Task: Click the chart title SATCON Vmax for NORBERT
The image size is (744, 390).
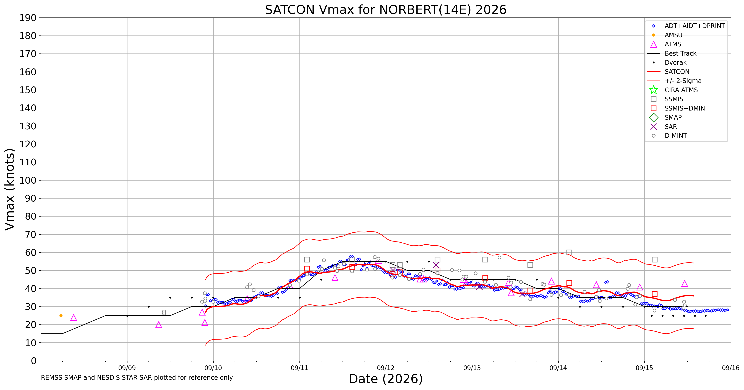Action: (386, 10)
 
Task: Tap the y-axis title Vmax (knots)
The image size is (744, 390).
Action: (10, 189)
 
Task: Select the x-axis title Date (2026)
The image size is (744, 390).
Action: (386, 379)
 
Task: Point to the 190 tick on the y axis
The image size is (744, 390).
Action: (28, 18)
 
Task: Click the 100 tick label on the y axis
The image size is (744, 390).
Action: (28, 180)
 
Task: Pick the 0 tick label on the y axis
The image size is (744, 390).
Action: (34, 361)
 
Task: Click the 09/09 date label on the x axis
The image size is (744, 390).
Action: (127, 368)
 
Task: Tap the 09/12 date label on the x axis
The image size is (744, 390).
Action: (386, 368)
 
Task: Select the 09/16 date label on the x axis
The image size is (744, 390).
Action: (731, 368)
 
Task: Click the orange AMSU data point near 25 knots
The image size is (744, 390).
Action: (61, 316)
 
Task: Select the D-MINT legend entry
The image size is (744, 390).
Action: (667, 136)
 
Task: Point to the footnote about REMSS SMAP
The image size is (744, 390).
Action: (137, 378)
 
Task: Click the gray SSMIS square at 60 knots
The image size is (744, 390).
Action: (569, 252)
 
